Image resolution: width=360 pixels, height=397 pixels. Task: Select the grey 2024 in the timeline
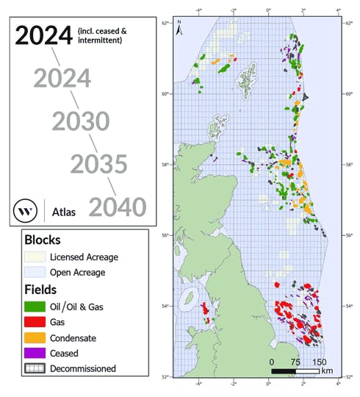pyautogui.click(x=62, y=79)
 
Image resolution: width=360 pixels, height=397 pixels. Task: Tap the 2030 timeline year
pyautogui.click(x=81, y=121)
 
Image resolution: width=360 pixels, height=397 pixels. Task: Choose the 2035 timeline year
pyautogui.click(x=99, y=164)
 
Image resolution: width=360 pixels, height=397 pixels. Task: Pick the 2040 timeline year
pyautogui.click(x=118, y=207)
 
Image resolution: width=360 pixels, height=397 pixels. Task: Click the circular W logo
pyautogui.click(x=26, y=211)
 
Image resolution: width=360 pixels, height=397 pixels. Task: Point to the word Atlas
pyautogui.click(x=65, y=212)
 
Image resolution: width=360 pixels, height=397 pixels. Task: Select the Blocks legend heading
pyautogui.click(x=42, y=240)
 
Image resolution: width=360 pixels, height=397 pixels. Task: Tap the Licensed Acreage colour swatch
pyautogui.click(x=35, y=257)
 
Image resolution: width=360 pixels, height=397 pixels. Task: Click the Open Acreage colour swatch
pyautogui.click(x=35, y=272)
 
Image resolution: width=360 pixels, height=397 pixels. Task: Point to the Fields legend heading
pyautogui.click(x=40, y=290)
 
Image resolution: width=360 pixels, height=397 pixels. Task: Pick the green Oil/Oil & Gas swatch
pyautogui.click(x=35, y=307)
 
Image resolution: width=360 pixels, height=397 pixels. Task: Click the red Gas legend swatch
pyautogui.click(x=35, y=322)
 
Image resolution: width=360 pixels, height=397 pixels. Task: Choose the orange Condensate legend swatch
pyautogui.click(x=35, y=337)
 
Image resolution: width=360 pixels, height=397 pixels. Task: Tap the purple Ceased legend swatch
pyautogui.click(x=35, y=353)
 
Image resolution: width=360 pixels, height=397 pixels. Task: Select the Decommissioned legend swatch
pyautogui.click(x=35, y=368)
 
